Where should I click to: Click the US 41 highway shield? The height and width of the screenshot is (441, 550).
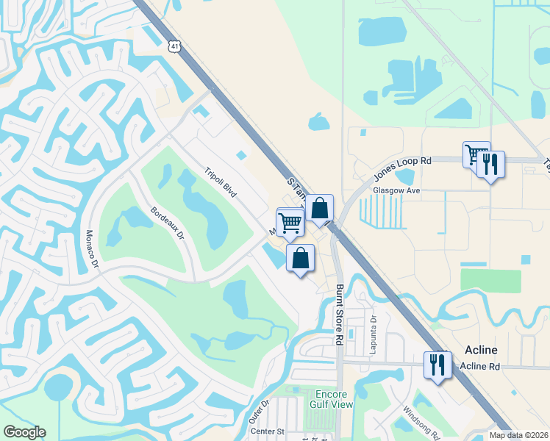point(174,46)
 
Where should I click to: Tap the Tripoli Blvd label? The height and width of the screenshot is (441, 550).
point(220,182)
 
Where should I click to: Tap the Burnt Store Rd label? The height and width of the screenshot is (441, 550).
point(340,315)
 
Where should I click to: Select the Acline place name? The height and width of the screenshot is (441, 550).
point(481,349)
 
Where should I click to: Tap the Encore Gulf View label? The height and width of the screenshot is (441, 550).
point(335,400)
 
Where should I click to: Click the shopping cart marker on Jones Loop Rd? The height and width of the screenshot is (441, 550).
point(476,154)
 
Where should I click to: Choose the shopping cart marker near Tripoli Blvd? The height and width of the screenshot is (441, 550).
point(290,221)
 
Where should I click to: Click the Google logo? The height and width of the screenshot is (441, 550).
point(24,432)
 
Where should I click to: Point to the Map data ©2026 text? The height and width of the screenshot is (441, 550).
point(518,435)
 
